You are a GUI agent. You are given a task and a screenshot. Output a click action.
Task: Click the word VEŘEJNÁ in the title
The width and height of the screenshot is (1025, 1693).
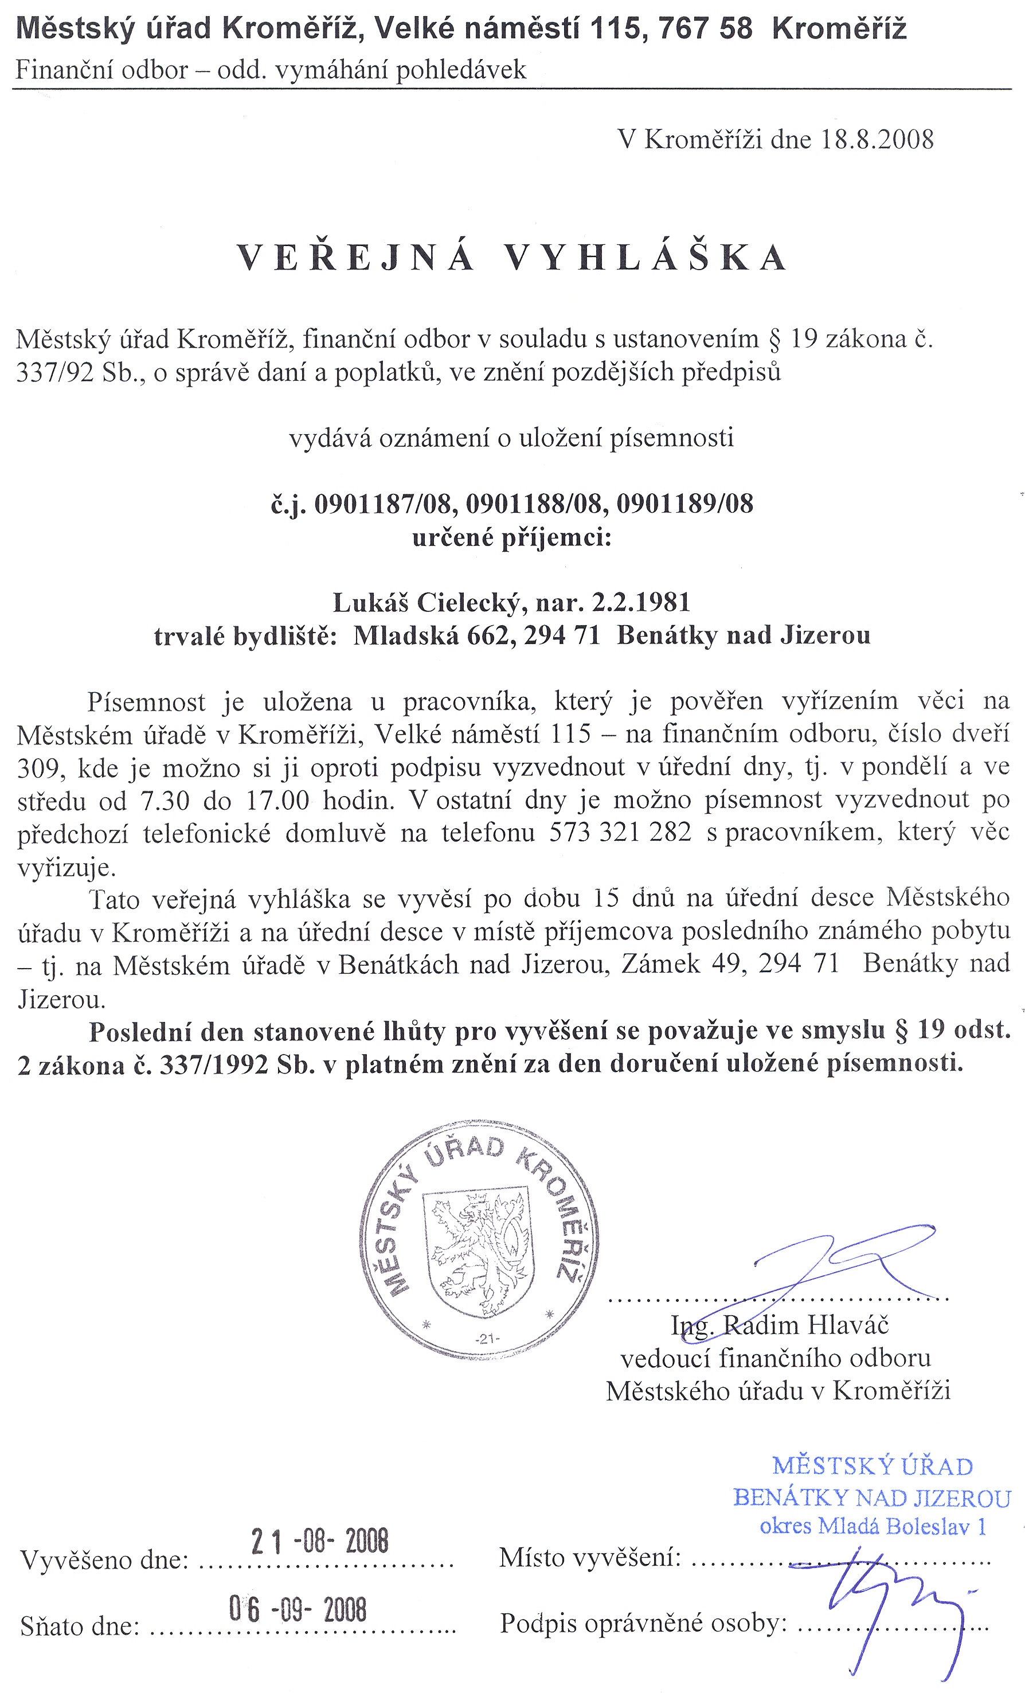click(x=356, y=258)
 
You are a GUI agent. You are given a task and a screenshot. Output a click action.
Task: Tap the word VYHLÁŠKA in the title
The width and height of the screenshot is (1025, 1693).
click(x=645, y=258)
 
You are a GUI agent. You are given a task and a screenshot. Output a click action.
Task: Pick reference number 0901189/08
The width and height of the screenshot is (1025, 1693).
click(x=684, y=504)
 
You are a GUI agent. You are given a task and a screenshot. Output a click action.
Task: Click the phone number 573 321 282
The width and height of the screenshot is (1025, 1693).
click(x=620, y=833)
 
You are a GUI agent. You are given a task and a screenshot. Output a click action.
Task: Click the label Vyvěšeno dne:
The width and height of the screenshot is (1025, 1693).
click(x=105, y=1560)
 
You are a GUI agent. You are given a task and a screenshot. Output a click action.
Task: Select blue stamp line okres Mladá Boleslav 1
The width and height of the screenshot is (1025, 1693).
click(x=873, y=1526)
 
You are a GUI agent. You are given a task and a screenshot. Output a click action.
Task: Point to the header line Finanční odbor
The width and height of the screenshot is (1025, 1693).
click(x=101, y=69)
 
